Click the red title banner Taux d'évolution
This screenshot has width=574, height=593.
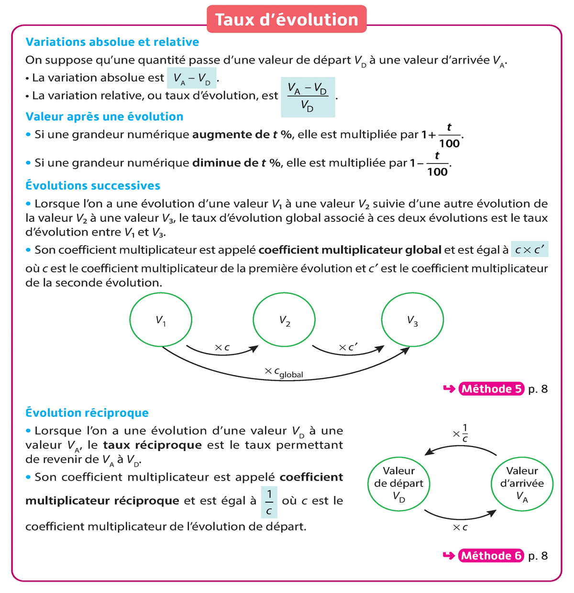click(x=287, y=20)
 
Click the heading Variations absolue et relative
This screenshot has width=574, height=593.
click(x=112, y=42)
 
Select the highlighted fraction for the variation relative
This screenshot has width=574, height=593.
click(x=308, y=97)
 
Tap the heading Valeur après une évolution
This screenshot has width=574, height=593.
click(x=104, y=117)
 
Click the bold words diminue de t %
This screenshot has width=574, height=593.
click(x=236, y=163)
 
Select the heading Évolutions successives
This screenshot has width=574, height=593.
click(x=93, y=186)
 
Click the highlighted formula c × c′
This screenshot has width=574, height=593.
click(x=530, y=250)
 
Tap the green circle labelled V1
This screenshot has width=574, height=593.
click(x=161, y=320)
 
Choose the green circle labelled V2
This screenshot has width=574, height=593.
click(x=284, y=320)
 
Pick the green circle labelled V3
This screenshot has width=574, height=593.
click(x=412, y=320)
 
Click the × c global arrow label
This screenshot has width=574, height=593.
click(x=284, y=373)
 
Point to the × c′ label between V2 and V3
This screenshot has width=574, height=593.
click(x=348, y=348)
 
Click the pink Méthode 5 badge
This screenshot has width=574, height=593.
click(x=491, y=389)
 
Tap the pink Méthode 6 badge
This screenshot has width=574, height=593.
click(x=491, y=556)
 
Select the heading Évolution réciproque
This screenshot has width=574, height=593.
click(x=87, y=413)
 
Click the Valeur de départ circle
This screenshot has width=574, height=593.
click(x=399, y=483)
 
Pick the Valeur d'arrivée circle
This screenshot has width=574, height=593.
click(x=522, y=483)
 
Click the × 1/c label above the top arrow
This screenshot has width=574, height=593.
click(x=461, y=433)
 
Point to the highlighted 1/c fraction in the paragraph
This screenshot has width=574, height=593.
click(x=269, y=502)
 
